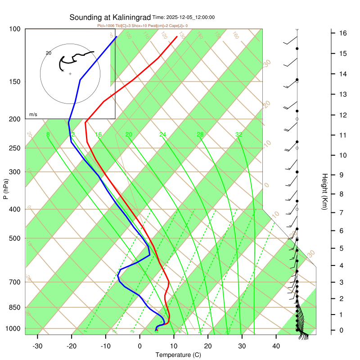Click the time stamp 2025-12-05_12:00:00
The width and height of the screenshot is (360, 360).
coord(190,18)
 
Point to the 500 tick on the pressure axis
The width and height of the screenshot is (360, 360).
coord(14,238)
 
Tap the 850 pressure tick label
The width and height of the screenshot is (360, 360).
coord(14,307)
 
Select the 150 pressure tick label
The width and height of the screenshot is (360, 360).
coord(14,81)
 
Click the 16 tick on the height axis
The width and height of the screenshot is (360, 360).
coord(342,33)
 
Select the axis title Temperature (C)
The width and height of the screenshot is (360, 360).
coord(178,355)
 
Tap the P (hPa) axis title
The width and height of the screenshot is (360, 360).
coord(5,189)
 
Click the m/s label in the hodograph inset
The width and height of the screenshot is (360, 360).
coord(33,115)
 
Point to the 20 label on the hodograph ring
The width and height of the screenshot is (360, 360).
coord(49,53)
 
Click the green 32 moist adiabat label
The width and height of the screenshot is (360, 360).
coord(239,135)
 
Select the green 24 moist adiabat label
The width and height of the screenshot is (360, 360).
coord(163,135)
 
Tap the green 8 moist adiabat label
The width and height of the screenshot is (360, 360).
coord(48,135)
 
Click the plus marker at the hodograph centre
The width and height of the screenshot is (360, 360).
coord(70,73)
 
